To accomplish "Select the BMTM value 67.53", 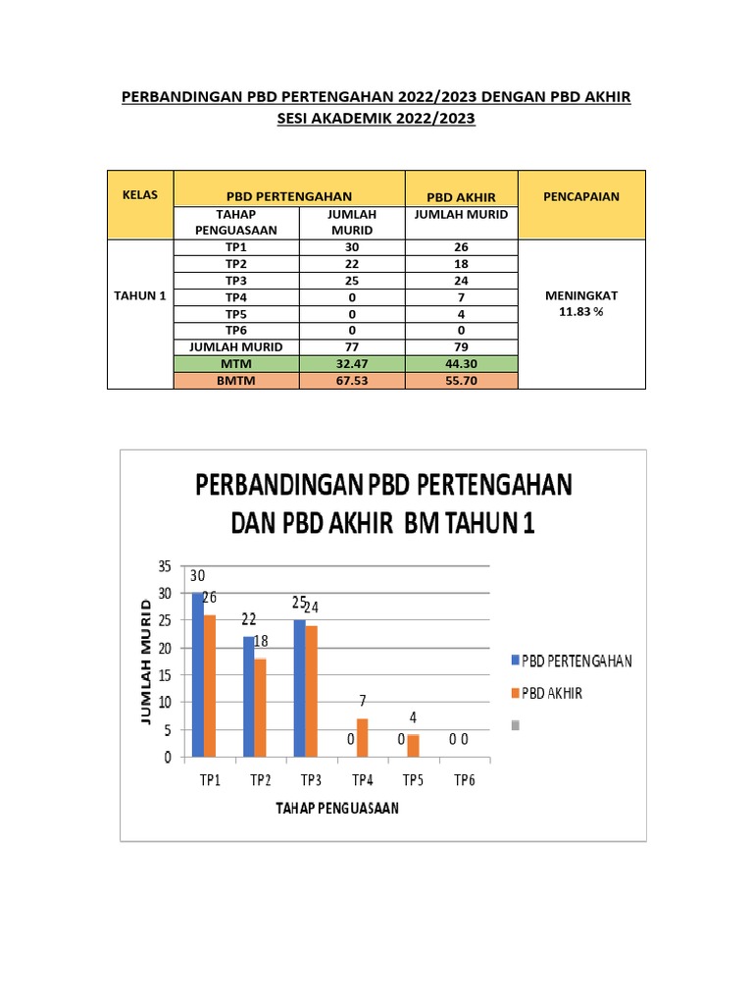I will tap(347, 381).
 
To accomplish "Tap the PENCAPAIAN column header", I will tap(581, 196).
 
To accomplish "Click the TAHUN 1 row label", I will tap(140, 295).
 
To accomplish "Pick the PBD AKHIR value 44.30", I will tap(460, 363).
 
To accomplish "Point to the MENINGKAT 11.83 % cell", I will tap(581, 303).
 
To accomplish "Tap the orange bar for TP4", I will tap(363, 737).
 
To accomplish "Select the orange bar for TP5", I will tap(413, 745).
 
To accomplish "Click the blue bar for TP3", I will tap(299, 688).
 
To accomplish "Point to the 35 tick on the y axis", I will tap(163, 566).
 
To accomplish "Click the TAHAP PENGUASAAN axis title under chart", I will tap(336, 808).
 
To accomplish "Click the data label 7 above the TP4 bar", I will tap(363, 702).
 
